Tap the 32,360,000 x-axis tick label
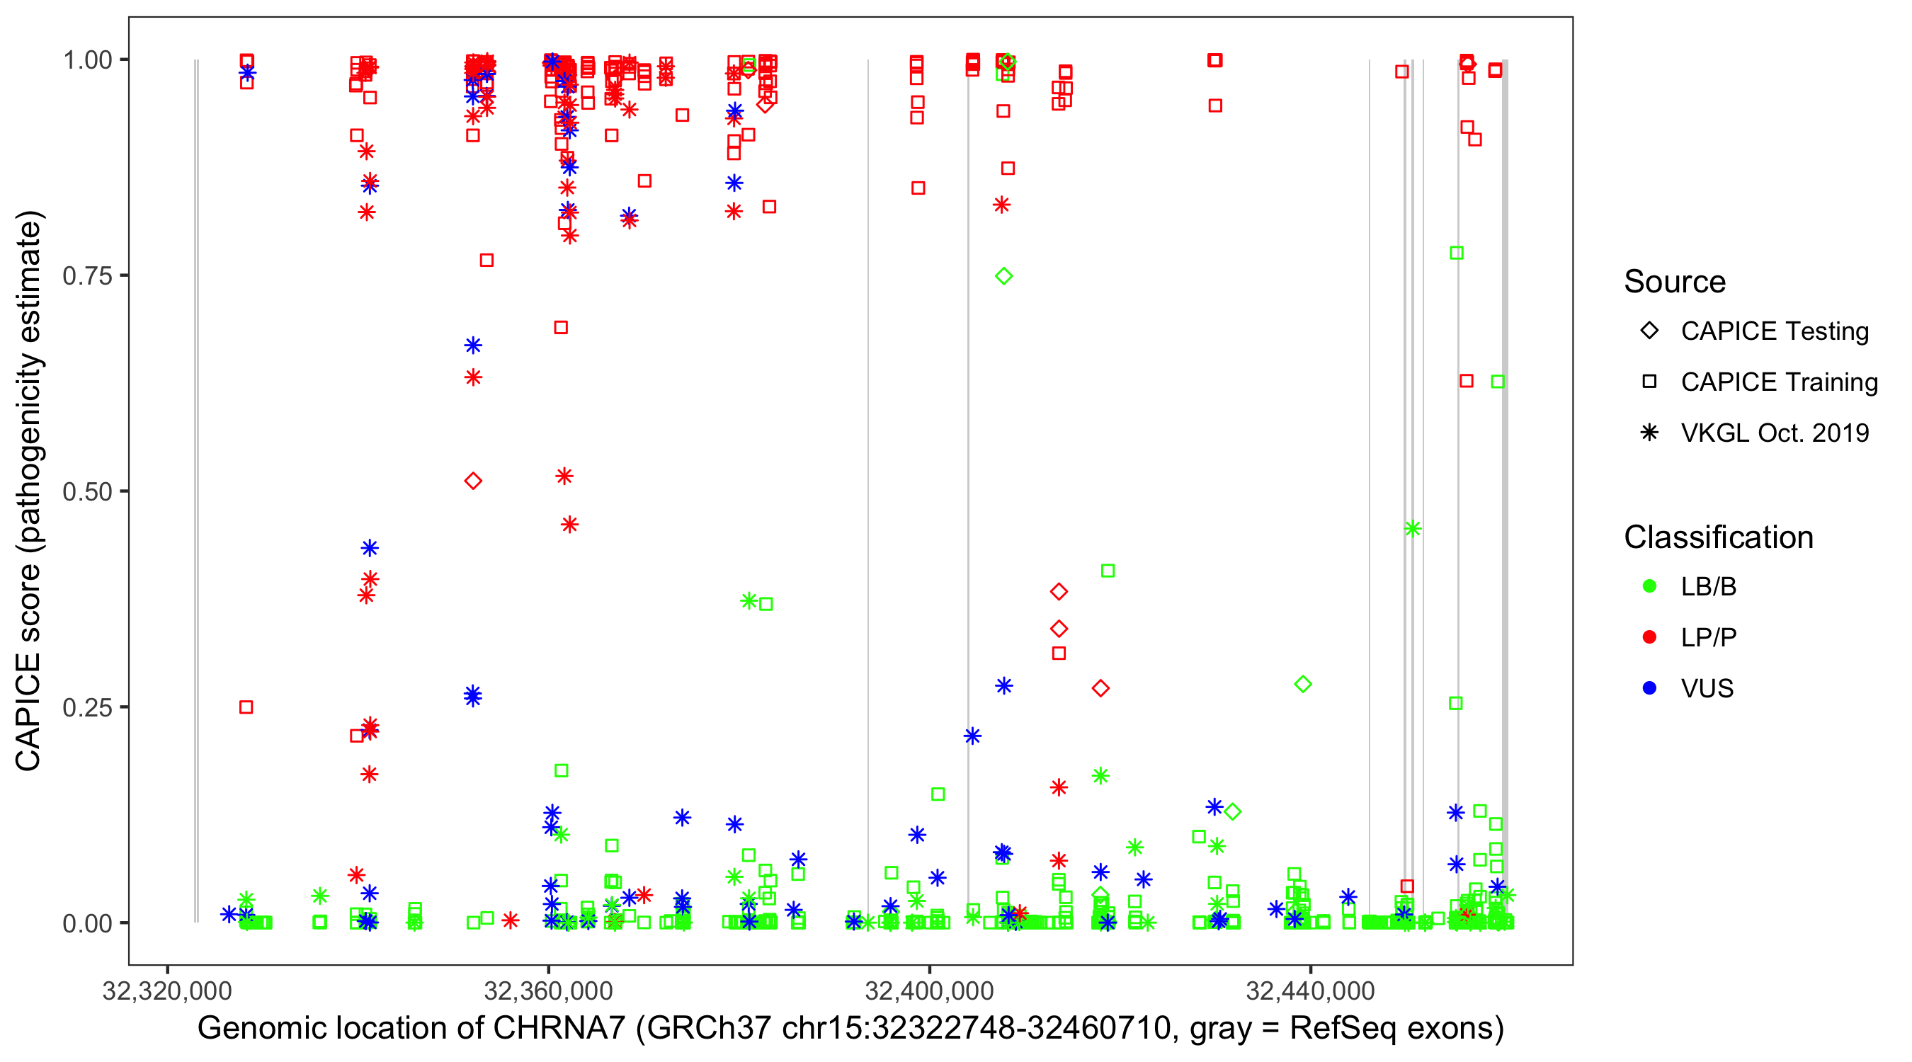[x=548, y=990]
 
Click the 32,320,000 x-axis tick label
[x=167, y=990]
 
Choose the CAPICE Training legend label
[x=1779, y=382]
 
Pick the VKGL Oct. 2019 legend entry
[x=1775, y=433]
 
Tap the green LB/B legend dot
[x=1649, y=586]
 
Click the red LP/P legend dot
[x=1649, y=637]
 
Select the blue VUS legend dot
[x=1649, y=689]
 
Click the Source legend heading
[x=1675, y=282]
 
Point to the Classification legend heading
[x=1718, y=537]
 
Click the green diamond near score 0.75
[x=1003, y=276]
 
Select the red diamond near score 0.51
[x=473, y=481]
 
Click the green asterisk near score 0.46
[x=1413, y=528]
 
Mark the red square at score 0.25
[x=246, y=707]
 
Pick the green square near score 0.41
[x=1108, y=571]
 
